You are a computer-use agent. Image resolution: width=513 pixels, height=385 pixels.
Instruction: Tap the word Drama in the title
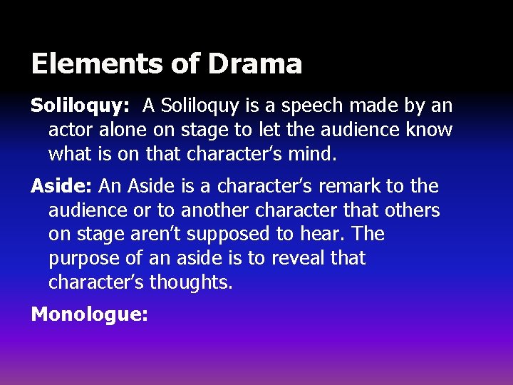(x=255, y=63)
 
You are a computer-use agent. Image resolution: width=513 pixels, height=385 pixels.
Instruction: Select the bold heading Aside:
(x=62, y=187)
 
